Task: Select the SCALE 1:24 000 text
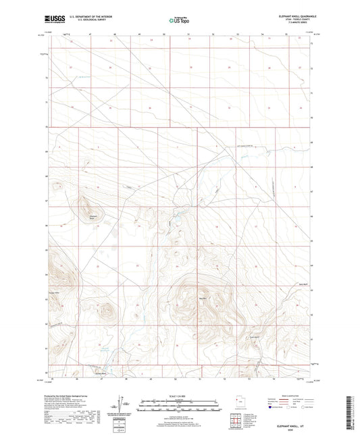(179, 396)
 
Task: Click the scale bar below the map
(179, 401)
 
